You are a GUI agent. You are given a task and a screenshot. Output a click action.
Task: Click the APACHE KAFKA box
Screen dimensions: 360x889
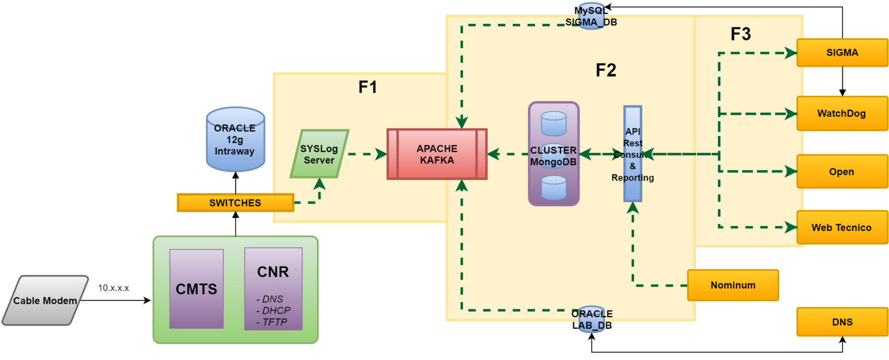(x=437, y=154)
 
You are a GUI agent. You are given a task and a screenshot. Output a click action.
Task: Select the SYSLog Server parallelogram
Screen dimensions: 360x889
(x=319, y=154)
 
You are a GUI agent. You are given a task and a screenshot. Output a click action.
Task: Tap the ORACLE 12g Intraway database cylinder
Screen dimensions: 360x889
(x=235, y=139)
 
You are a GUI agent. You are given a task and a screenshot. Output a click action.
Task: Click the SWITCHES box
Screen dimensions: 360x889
(x=235, y=203)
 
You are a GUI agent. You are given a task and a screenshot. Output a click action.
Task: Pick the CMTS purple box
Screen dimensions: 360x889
(x=197, y=288)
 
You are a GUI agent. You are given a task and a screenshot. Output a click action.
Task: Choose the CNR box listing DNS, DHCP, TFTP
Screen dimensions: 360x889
(x=273, y=289)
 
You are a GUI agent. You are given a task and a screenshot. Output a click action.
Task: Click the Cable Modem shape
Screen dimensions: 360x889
(x=45, y=301)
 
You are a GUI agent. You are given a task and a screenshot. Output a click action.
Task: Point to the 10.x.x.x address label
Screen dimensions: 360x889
(x=113, y=288)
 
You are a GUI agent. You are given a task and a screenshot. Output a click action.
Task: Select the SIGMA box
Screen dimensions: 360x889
(x=842, y=53)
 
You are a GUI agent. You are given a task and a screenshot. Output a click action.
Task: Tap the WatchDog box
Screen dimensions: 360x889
(x=842, y=113)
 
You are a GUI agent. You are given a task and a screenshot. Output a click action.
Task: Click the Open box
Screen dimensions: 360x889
(x=842, y=172)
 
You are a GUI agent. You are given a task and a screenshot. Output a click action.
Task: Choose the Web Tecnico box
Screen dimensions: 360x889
(x=842, y=227)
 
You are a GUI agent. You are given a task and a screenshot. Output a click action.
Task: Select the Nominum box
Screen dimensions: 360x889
(x=733, y=285)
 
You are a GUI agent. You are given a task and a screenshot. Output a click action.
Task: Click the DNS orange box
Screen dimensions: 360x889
(x=842, y=322)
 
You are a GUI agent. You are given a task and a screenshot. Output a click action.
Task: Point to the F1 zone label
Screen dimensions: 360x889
(x=368, y=87)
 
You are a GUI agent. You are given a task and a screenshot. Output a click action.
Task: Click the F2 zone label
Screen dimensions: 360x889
(x=606, y=71)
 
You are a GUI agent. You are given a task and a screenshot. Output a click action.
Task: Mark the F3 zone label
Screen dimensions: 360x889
(x=741, y=34)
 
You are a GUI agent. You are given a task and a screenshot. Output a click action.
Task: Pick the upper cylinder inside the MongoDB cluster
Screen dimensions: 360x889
(x=553, y=124)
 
